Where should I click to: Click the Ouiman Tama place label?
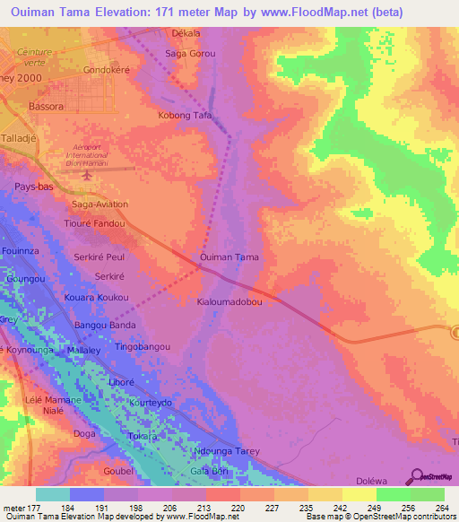click(x=229, y=257)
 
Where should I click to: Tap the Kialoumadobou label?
click(x=229, y=302)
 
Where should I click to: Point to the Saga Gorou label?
click(x=191, y=54)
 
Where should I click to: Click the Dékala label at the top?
click(x=185, y=32)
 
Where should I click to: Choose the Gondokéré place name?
click(x=108, y=69)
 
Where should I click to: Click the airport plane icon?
click(x=86, y=173)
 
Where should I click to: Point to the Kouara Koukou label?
click(x=96, y=297)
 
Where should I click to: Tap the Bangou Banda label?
click(x=105, y=324)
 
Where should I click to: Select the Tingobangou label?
click(x=143, y=346)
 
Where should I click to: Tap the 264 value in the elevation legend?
click(x=428, y=508)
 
